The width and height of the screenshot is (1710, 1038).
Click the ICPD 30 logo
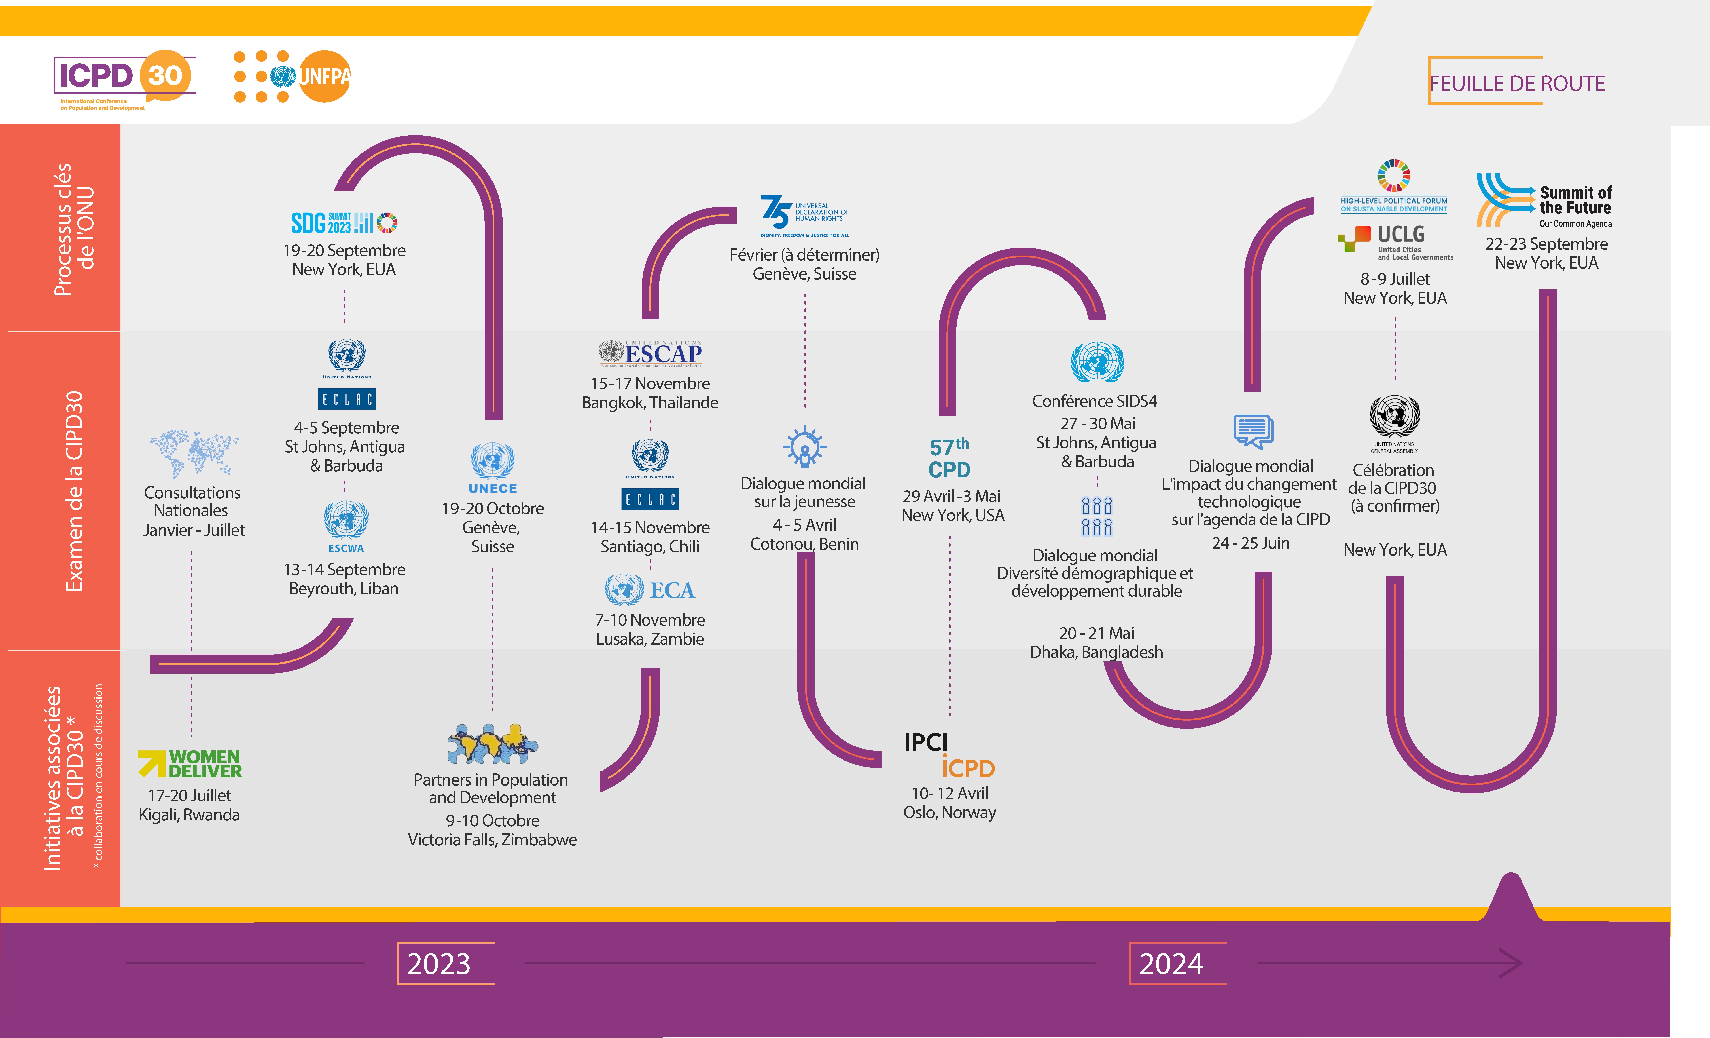125,80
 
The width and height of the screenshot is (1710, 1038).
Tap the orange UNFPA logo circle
324,76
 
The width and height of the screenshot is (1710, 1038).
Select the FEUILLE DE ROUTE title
1517,83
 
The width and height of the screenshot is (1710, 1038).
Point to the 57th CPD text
949,458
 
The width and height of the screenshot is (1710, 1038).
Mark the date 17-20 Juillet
190,796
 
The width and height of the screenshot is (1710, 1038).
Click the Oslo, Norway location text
949,813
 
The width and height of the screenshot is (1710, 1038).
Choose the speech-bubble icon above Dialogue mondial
1253,431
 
